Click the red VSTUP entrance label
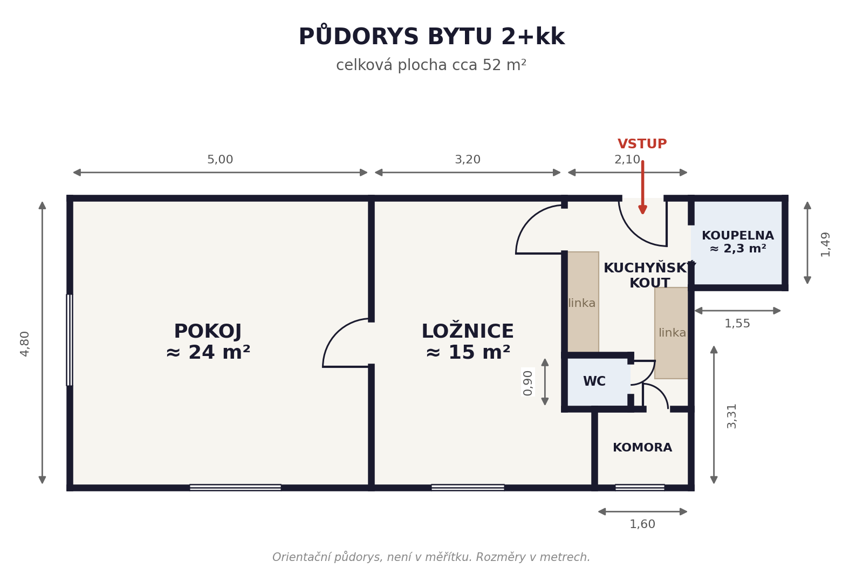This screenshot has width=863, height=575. [x=642, y=143]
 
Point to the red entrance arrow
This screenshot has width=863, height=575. [x=642, y=187]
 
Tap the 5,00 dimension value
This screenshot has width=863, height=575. [x=220, y=160]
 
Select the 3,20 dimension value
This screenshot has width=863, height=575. [x=467, y=160]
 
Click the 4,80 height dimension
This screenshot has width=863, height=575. [x=25, y=344]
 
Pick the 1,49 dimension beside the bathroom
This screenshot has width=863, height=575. [x=825, y=244]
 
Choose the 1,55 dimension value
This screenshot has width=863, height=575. [x=737, y=323]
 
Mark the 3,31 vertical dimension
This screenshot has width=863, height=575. [x=731, y=416]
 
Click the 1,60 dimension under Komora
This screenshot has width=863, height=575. [x=642, y=524]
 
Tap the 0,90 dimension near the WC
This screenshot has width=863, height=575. [x=528, y=383]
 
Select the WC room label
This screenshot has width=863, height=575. [x=594, y=381]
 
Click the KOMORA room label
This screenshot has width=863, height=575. [x=642, y=448]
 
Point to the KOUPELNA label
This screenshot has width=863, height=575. [x=737, y=236]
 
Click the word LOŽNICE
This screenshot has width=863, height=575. [x=467, y=331]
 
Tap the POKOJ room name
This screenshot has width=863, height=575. [x=208, y=331]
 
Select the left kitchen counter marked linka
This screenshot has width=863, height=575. [x=583, y=302]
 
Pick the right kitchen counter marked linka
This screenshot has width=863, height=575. [x=671, y=333]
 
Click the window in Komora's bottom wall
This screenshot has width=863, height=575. [x=640, y=488]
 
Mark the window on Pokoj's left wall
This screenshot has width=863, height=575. [x=70, y=340]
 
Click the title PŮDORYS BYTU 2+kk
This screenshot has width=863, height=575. [x=432, y=36]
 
